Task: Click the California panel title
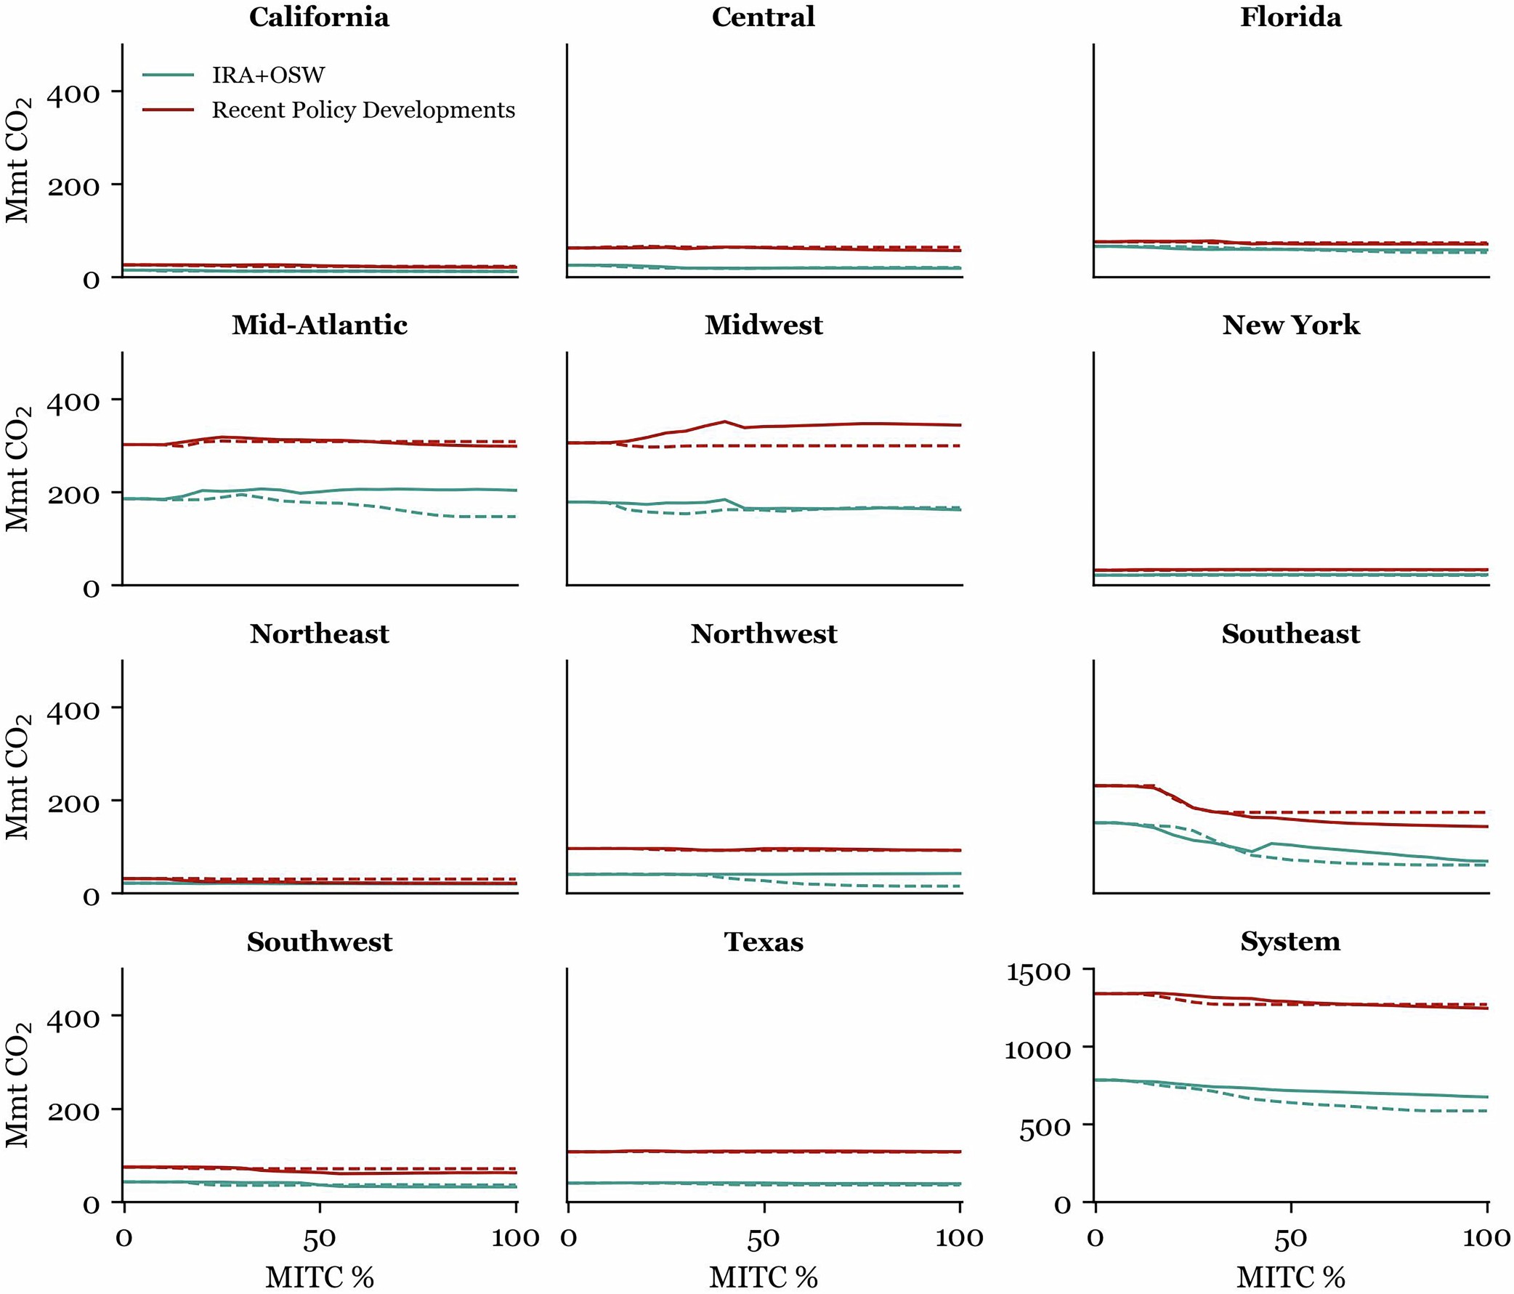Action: (x=320, y=17)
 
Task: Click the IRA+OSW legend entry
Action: (x=267, y=75)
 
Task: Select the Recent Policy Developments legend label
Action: (x=363, y=110)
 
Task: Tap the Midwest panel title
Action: (x=764, y=325)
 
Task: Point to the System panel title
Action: (x=1290, y=941)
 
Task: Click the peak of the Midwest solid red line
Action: (x=724, y=421)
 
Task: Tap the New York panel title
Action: (x=1290, y=325)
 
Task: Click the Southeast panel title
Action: (x=1290, y=634)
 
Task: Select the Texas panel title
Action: (x=764, y=942)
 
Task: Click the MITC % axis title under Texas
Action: (x=764, y=1277)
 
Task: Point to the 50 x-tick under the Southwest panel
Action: (x=320, y=1238)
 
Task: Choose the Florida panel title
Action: (x=1290, y=17)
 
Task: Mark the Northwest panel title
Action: (x=764, y=634)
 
